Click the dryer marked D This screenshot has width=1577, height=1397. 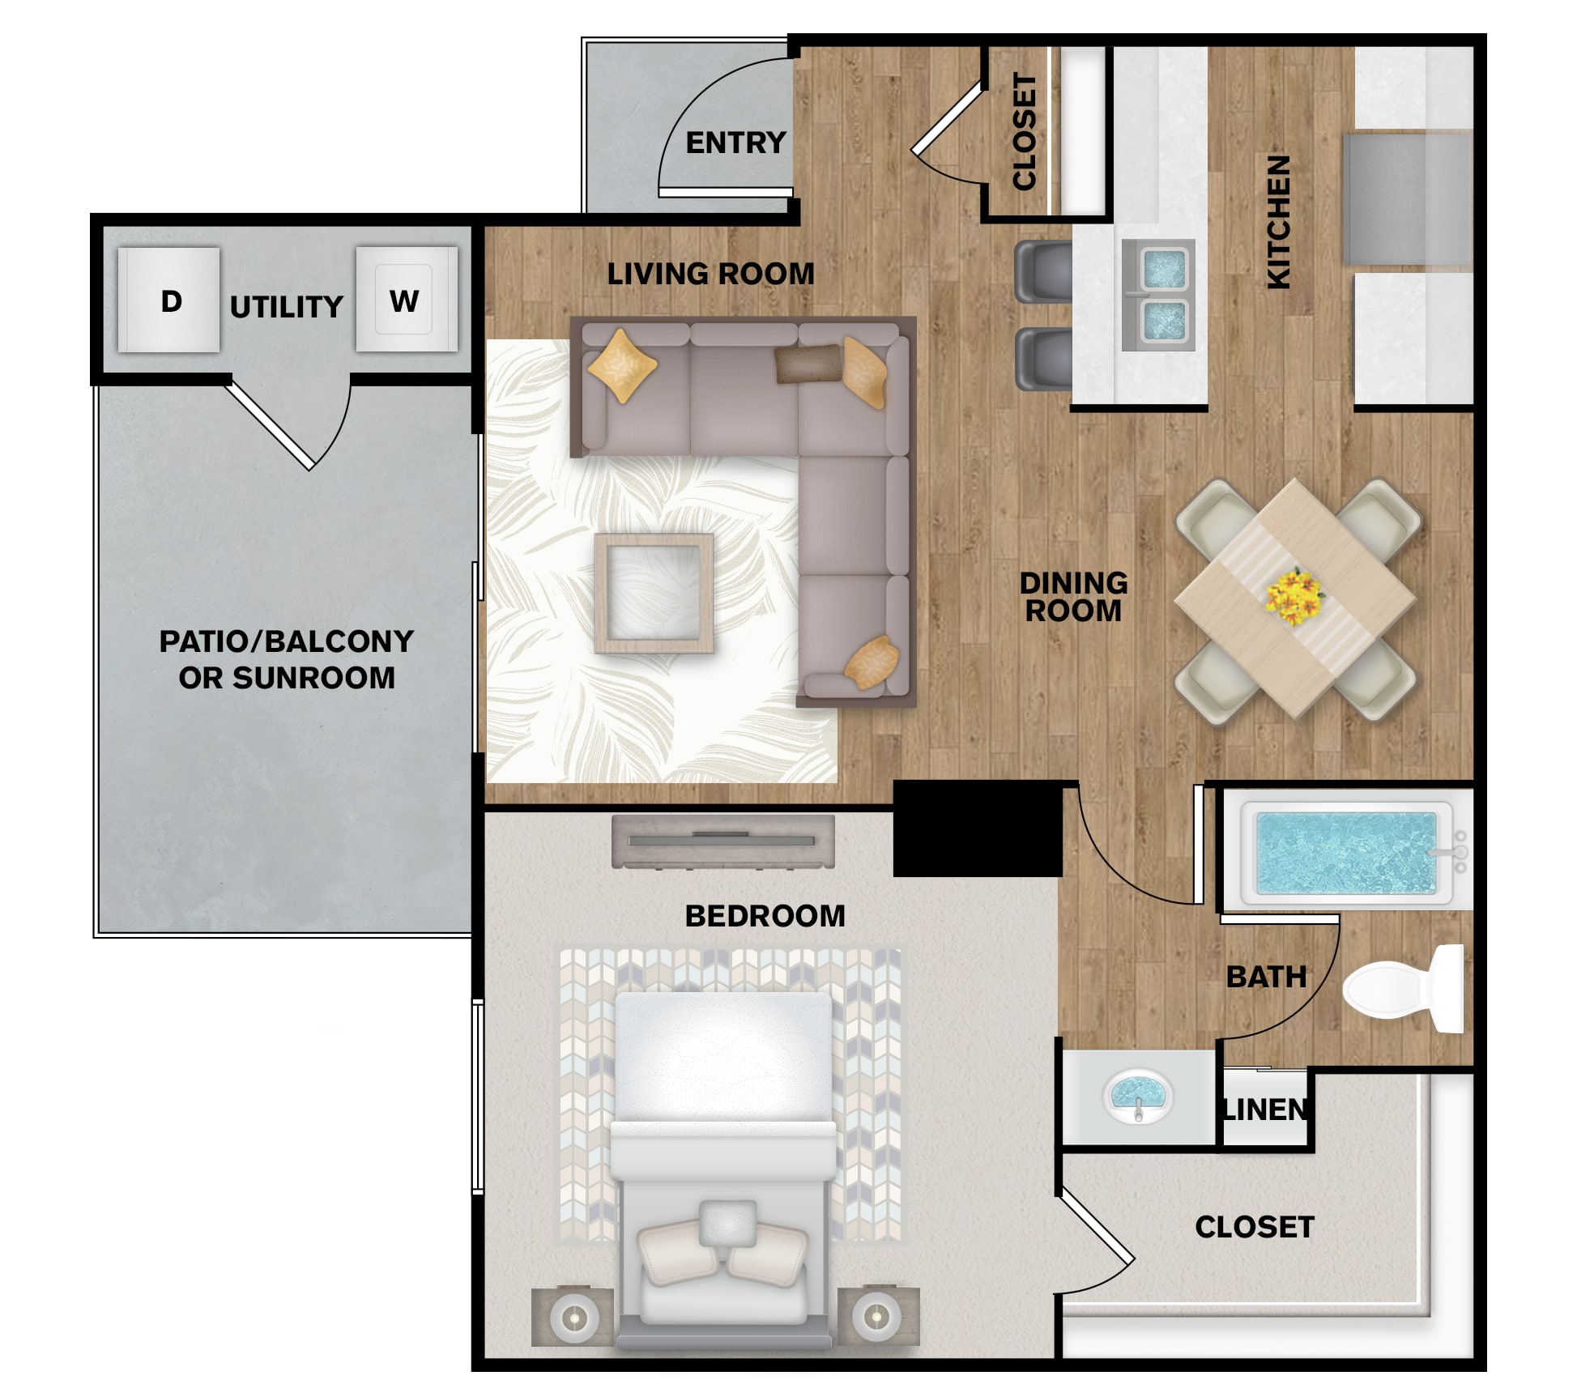click(168, 300)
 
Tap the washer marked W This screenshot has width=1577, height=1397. click(407, 299)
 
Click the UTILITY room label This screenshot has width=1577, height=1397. click(287, 307)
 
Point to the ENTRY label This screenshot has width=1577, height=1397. click(735, 143)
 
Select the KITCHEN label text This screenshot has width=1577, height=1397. click(1278, 222)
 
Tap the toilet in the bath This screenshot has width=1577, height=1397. click(1404, 989)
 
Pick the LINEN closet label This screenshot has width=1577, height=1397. click(1264, 1110)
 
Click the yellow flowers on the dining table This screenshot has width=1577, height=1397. click(1294, 597)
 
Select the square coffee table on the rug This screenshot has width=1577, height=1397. click(654, 594)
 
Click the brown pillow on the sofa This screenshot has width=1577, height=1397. click(808, 364)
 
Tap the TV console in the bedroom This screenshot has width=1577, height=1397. click(722, 841)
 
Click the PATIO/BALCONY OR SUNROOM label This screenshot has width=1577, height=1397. click(287, 659)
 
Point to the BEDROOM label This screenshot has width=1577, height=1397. click(765, 916)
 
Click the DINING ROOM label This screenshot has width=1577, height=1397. click(1073, 597)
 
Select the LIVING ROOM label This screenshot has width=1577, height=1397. click(711, 274)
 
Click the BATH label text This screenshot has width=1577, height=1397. click(1267, 977)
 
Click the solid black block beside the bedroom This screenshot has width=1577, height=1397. click(978, 828)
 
